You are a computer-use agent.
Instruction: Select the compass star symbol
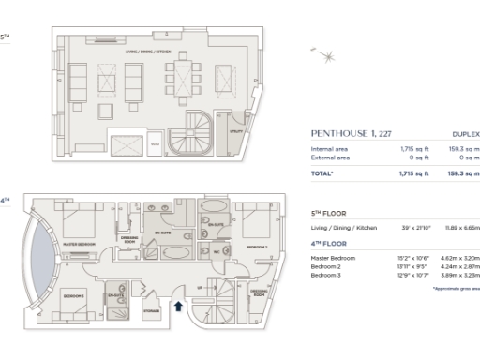pyautogui.click(x=327, y=57)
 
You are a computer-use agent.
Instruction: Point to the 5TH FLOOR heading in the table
pyautogui.click(x=329, y=214)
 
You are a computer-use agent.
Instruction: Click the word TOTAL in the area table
pyautogui.click(x=323, y=173)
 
